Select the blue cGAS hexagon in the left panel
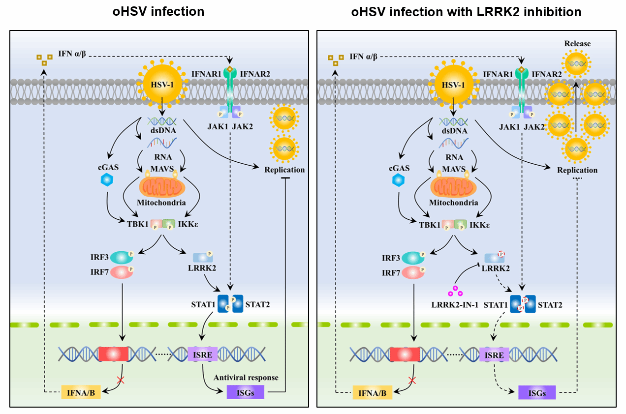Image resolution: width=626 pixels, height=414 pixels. coord(106,180)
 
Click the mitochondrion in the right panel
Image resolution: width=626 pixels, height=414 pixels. coord(453,188)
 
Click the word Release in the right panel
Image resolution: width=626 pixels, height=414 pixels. coord(577,44)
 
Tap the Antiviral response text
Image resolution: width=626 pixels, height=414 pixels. coord(246,378)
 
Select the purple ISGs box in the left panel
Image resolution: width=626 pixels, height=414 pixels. coord(245,392)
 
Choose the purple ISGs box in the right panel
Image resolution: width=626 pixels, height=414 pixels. coord(537,392)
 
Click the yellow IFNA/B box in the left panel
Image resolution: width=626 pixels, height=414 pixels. coord(81,392)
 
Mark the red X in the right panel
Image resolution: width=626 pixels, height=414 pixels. coord(413,380)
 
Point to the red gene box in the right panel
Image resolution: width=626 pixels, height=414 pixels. coord(405,355)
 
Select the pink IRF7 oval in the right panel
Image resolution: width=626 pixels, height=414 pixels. coord(413,271)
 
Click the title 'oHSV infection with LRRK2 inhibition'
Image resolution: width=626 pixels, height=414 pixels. coord(466,12)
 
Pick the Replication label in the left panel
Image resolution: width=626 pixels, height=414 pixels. coord(284,170)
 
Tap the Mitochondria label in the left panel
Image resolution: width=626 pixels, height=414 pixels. coord(161,203)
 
